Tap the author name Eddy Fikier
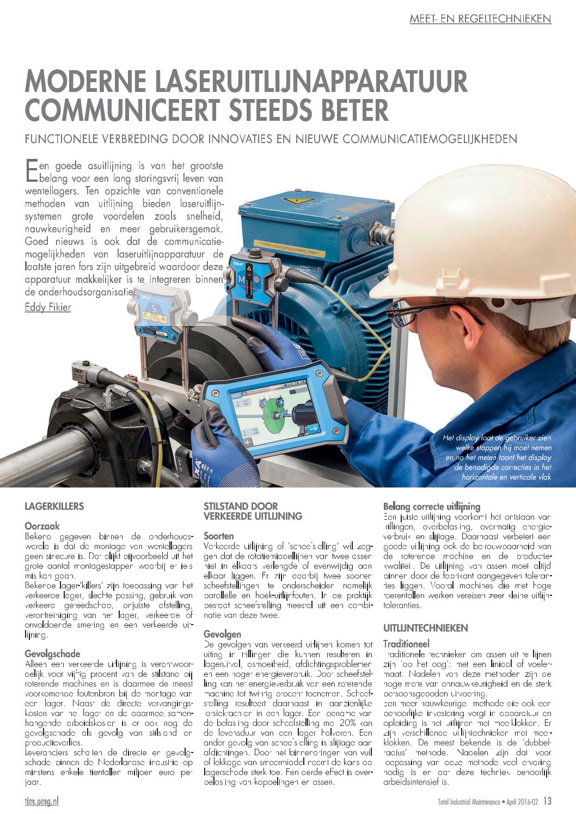click(48, 308)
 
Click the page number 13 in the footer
click(547, 801)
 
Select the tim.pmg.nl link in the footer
click(42, 801)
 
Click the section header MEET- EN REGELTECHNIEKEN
click(480, 19)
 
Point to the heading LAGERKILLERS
click(54, 507)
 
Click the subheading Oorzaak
click(42, 526)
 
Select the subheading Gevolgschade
click(52, 653)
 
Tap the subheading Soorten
click(218, 535)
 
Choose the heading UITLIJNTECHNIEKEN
click(425, 628)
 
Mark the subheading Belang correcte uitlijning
click(432, 506)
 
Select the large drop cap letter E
click(32, 170)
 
